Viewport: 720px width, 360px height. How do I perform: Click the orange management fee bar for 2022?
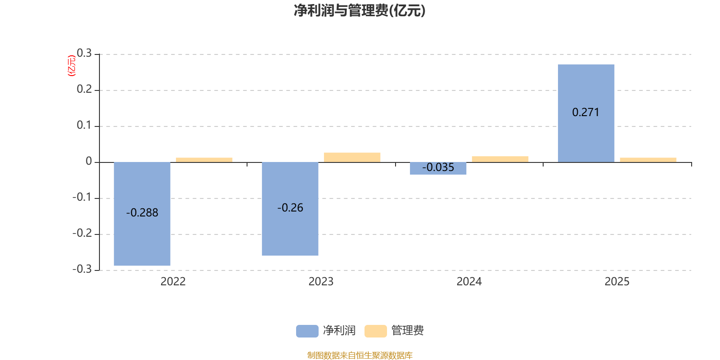[204, 160]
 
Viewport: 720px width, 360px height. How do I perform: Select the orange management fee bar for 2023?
[352, 157]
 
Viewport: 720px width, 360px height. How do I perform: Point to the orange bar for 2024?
[500, 159]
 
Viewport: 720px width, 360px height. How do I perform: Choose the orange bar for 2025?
[648, 160]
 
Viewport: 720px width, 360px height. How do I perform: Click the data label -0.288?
[142, 213]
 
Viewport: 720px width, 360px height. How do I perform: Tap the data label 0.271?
[585, 112]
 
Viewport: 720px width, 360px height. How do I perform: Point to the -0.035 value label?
[438, 167]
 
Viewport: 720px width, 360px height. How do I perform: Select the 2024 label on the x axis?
[469, 282]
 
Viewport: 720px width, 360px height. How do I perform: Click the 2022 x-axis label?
[173, 282]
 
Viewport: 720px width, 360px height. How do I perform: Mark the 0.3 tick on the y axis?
[84, 53]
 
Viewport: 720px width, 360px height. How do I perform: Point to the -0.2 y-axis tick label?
[82, 233]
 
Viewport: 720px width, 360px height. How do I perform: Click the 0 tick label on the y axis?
[89, 162]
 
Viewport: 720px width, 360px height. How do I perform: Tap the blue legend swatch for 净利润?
[307, 331]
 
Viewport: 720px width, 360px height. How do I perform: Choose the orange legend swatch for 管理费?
[375, 331]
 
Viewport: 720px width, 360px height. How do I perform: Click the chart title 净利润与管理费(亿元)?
[360, 11]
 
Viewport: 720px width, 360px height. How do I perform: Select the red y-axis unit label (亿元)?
[71, 66]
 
